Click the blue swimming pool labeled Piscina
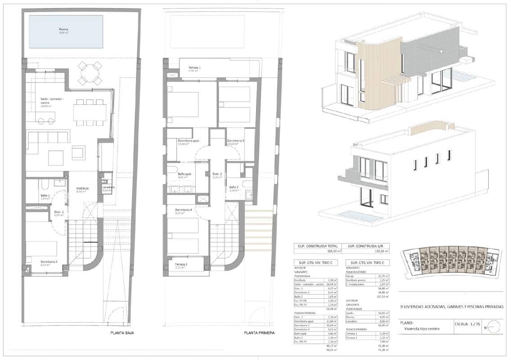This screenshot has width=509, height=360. click(x=66, y=31)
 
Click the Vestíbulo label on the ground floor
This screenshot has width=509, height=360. click(x=82, y=189)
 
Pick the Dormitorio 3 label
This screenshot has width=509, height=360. click(x=235, y=141)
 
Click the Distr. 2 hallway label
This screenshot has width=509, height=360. click(x=217, y=174)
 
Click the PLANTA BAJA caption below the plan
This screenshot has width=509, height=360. click(x=122, y=333)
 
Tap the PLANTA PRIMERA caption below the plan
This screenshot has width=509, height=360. click(x=259, y=333)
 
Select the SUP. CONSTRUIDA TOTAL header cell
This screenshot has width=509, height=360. click(x=317, y=246)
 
